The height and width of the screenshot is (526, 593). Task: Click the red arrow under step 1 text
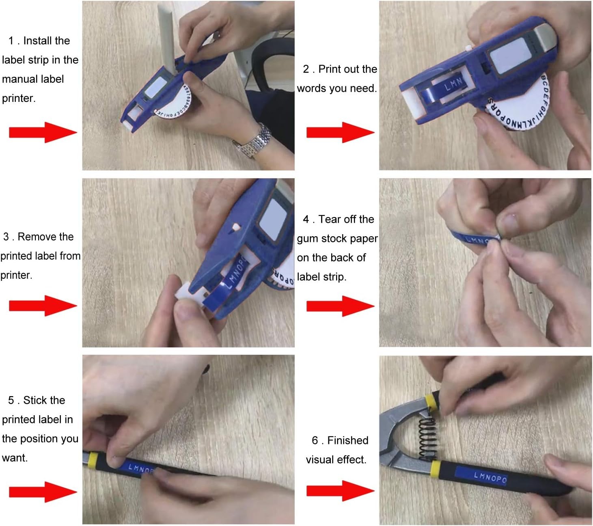(x=43, y=132)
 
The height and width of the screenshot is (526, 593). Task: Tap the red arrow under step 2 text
(x=340, y=132)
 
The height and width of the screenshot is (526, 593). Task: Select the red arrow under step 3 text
(x=43, y=306)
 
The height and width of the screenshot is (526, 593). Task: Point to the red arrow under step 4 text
(x=340, y=306)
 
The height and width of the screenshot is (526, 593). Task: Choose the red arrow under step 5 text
(x=43, y=492)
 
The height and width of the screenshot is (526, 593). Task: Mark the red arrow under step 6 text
(x=340, y=491)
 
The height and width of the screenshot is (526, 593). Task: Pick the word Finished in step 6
(x=348, y=440)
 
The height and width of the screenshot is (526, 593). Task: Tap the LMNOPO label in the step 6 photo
(x=490, y=477)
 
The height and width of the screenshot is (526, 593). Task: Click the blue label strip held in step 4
(x=473, y=239)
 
